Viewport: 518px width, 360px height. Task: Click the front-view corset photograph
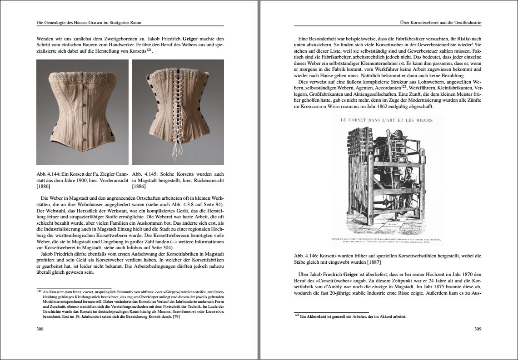point(82,111)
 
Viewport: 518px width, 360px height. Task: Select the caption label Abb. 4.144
point(48,173)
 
